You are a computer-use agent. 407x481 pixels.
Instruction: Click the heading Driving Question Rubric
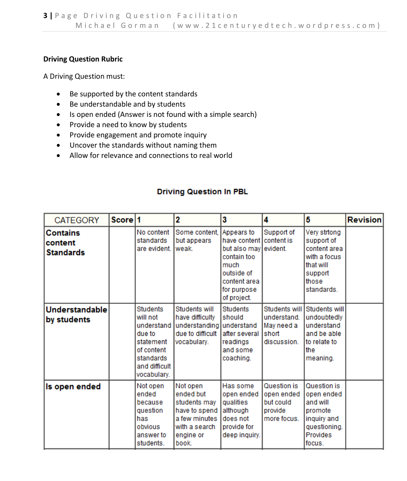point(83,59)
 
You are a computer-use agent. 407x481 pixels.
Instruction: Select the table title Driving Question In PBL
point(202,191)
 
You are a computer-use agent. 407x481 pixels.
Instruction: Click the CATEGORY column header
point(77,220)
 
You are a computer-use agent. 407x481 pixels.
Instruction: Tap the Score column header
point(122,220)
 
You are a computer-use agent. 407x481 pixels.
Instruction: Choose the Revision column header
point(364,220)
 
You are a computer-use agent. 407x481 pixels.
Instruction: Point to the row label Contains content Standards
point(66,242)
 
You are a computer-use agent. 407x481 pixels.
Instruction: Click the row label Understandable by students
point(76,315)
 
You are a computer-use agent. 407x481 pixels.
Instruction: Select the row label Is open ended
point(73,386)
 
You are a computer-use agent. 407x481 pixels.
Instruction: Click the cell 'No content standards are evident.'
point(153,240)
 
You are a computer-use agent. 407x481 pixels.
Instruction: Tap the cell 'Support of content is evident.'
point(279,240)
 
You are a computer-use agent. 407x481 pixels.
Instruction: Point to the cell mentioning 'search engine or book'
point(196,414)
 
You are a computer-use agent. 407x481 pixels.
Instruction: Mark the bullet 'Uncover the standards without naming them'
point(143,145)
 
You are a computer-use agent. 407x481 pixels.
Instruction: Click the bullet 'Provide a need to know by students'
point(128,125)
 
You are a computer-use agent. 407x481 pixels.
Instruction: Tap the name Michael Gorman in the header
point(117,25)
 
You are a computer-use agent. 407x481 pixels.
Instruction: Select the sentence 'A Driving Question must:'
point(84,76)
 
